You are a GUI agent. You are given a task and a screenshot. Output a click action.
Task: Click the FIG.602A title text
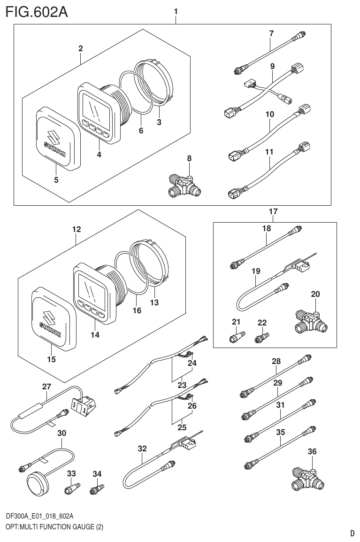[x=37, y=12]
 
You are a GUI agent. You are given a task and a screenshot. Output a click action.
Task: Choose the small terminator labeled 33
[x=72, y=490]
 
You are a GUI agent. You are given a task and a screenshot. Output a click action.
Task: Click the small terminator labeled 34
[x=96, y=490]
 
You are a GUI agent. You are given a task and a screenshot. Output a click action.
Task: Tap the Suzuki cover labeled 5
[x=55, y=138]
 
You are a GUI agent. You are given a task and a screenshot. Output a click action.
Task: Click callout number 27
[x=46, y=387]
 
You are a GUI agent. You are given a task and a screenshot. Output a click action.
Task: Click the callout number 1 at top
[x=176, y=10]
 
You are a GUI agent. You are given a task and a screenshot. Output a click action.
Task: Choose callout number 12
[x=76, y=230]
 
